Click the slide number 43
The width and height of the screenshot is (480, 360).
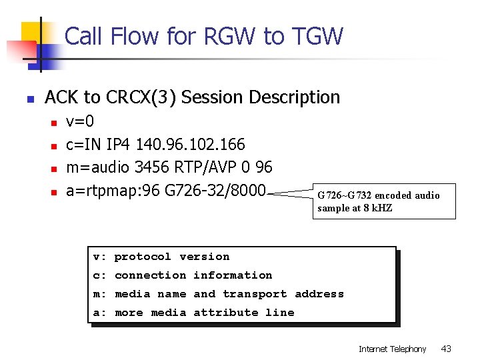click(446, 349)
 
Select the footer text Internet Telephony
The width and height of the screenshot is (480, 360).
click(392, 349)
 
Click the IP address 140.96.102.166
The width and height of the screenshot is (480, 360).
click(190, 145)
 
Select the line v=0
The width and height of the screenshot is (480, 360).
click(80, 122)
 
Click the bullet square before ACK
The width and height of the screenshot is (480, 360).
click(29, 99)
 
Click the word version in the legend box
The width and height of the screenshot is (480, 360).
click(204, 257)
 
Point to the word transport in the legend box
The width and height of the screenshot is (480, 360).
click(255, 294)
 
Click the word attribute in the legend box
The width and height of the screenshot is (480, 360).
click(227, 313)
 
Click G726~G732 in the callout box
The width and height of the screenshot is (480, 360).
click(345, 195)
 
